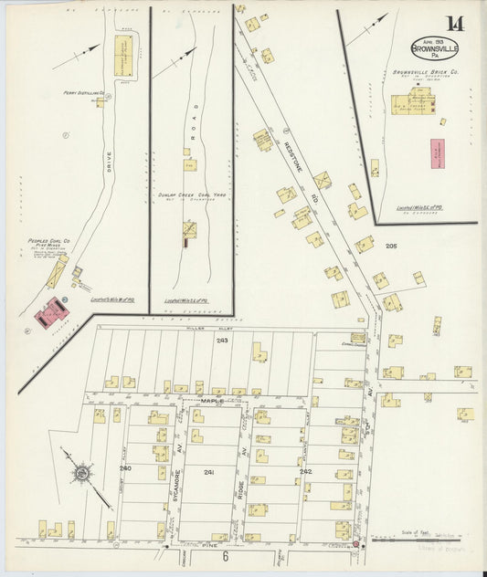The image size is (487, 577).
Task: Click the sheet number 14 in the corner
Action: (453, 24)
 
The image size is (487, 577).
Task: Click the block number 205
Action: (392, 247)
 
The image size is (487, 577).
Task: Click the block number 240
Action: (125, 467)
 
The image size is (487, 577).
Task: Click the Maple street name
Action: (212, 400)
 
